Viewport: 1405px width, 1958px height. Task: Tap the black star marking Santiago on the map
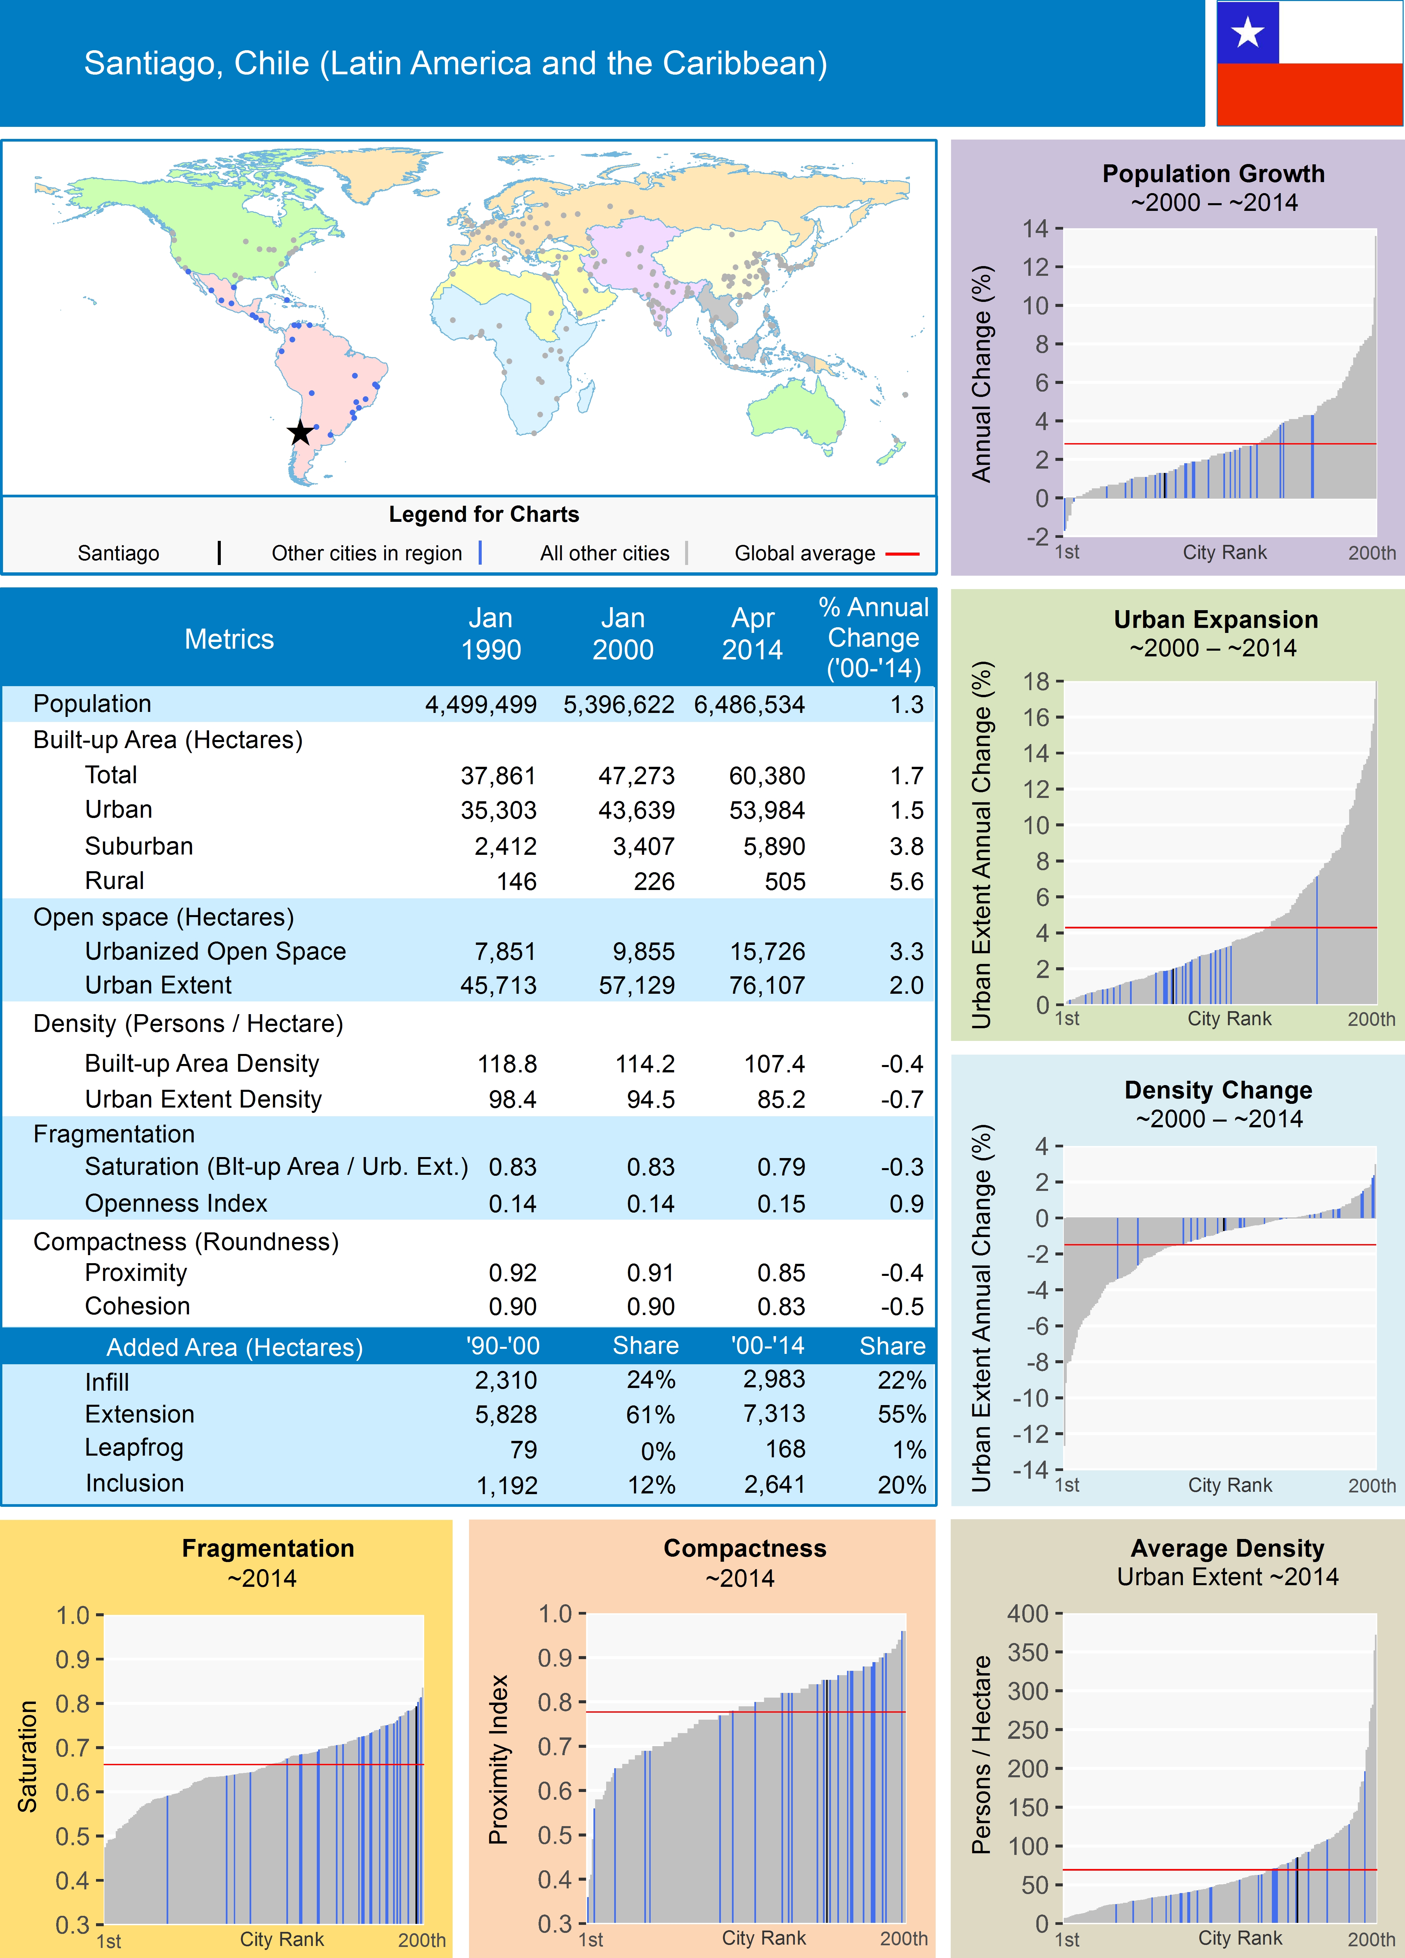point(300,432)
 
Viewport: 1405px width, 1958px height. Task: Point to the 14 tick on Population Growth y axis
point(1035,229)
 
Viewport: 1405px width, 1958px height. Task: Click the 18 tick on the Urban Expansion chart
point(1036,681)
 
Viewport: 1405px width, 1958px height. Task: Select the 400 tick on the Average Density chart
point(1028,1614)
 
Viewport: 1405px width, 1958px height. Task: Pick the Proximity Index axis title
point(498,1760)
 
